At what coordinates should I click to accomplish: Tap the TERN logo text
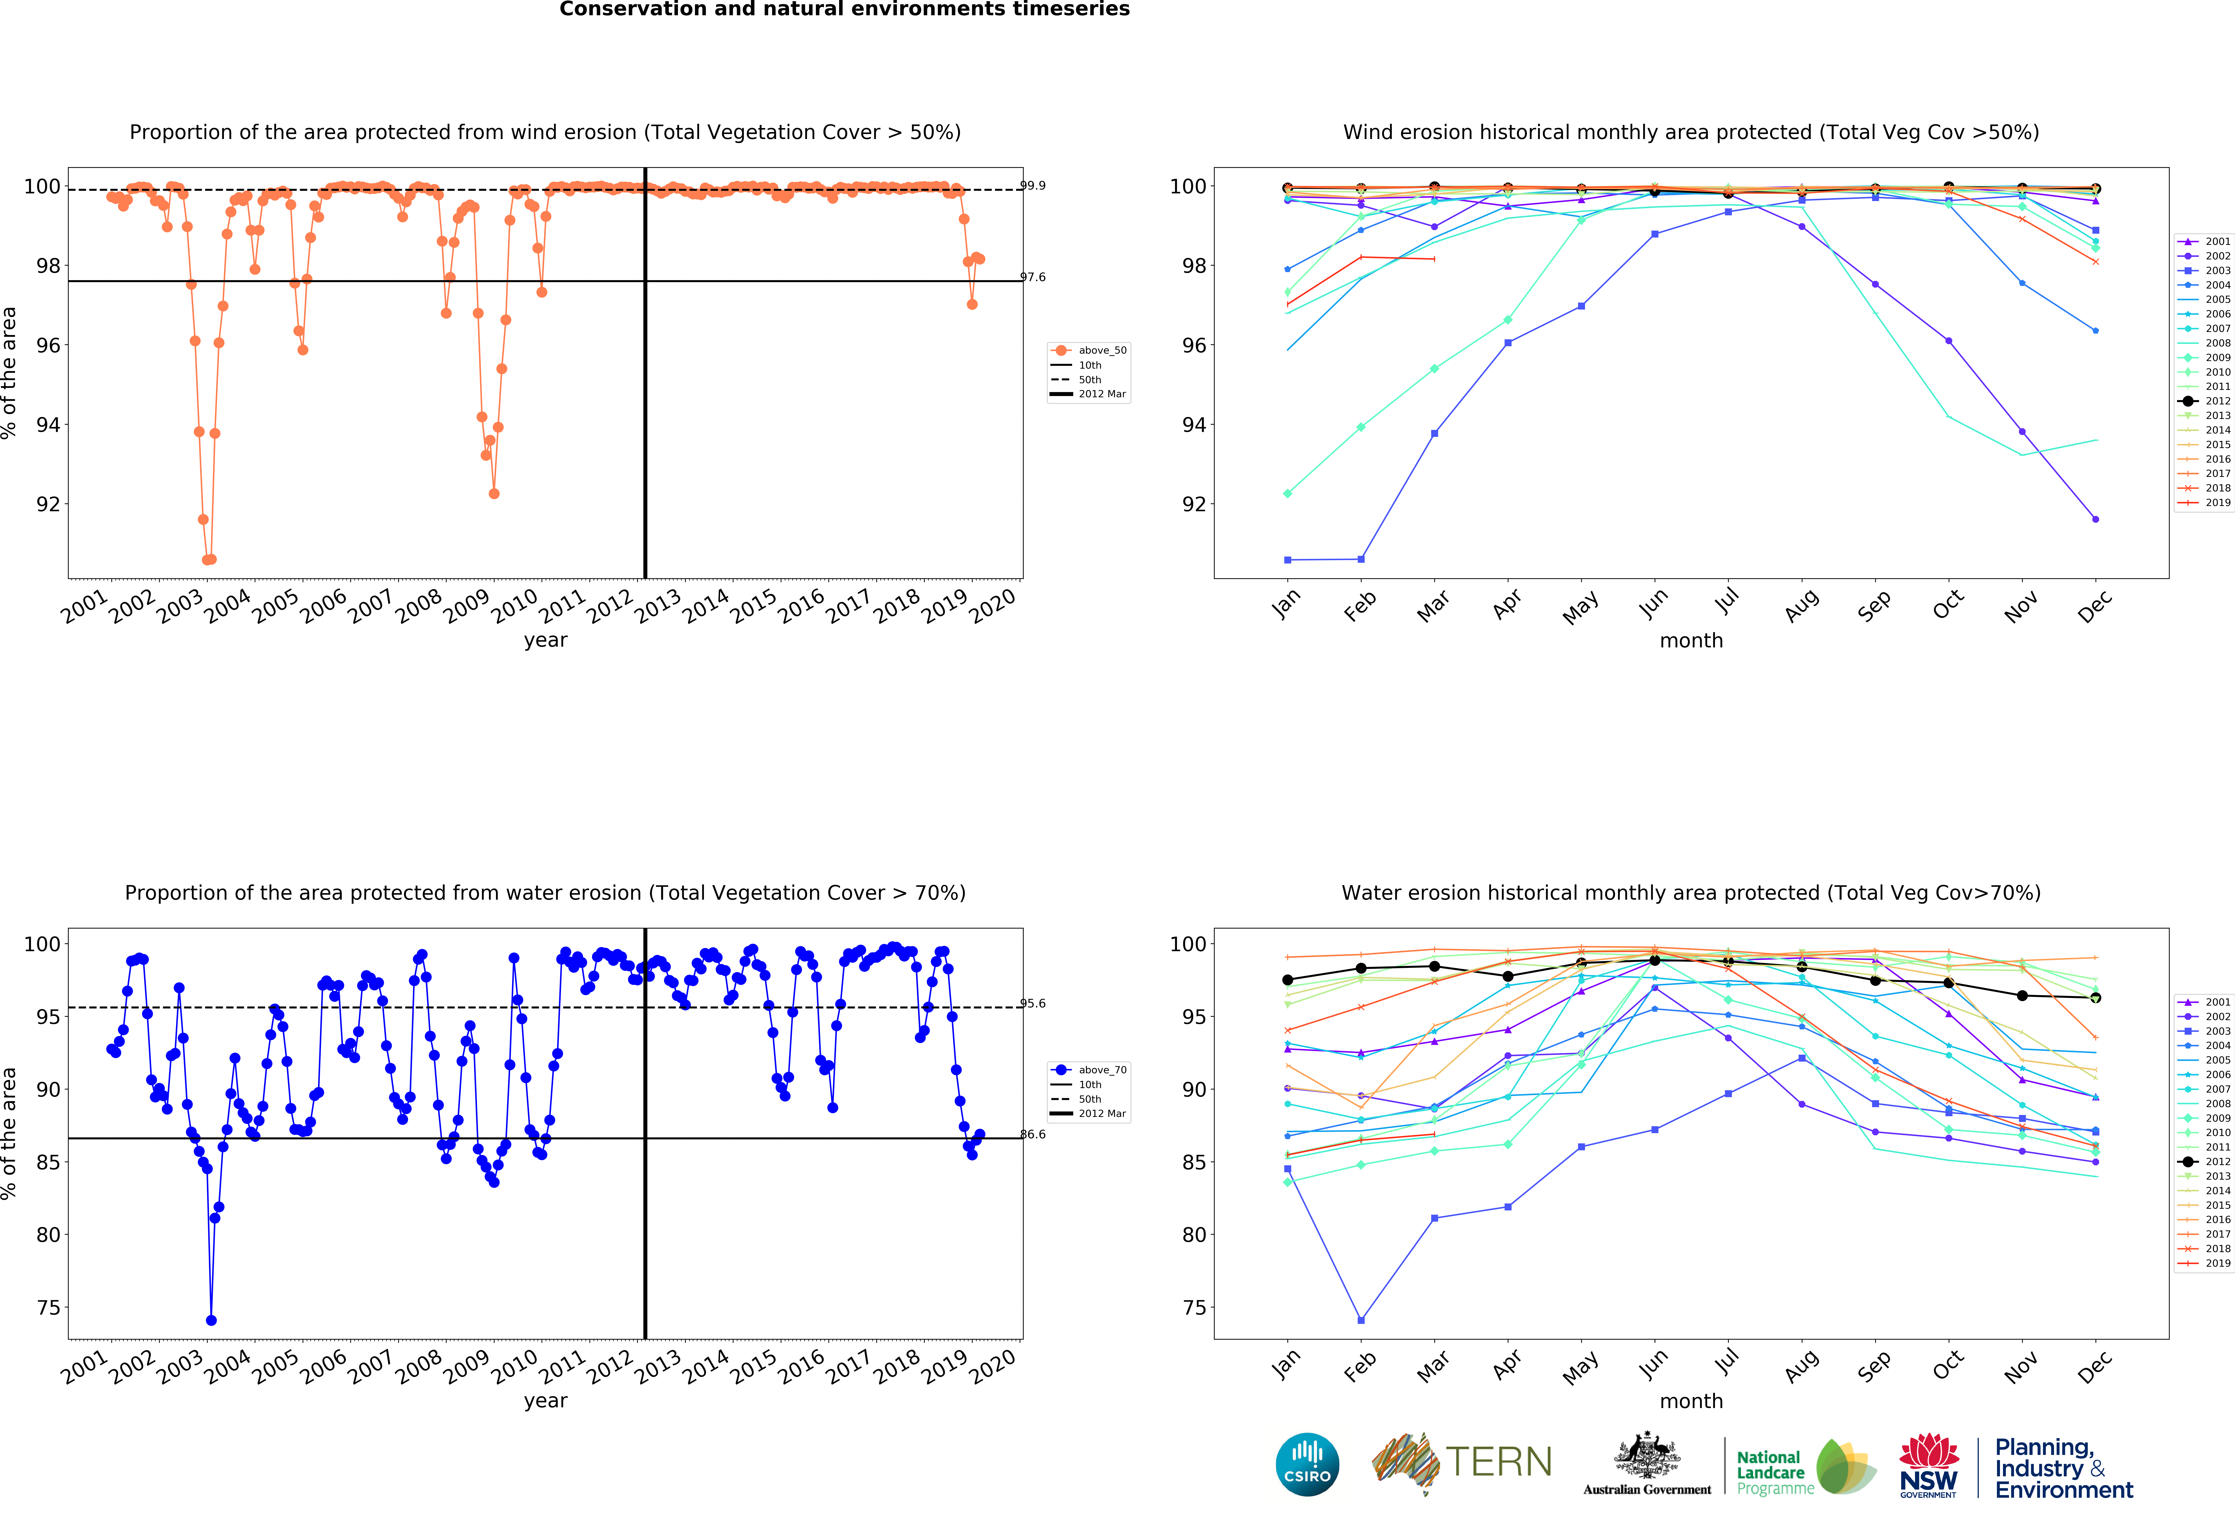1498,1462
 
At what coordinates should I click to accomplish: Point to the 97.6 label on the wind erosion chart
1033,277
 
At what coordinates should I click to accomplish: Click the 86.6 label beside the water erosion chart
1033,1135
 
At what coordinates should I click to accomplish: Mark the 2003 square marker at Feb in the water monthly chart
1361,1320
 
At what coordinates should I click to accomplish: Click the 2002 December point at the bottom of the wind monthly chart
2096,519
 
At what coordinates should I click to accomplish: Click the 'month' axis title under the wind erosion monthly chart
1691,640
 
